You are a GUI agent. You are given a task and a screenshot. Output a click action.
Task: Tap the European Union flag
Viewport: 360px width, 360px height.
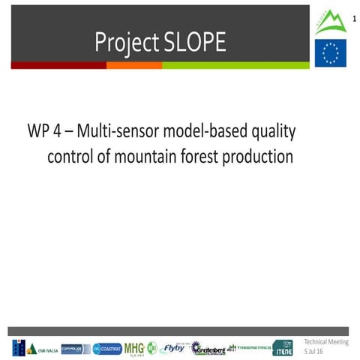tap(330, 53)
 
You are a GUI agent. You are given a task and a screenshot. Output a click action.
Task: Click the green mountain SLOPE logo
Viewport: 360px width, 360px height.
tap(330, 21)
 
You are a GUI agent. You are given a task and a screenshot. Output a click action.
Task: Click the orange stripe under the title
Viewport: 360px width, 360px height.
tap(134, 65)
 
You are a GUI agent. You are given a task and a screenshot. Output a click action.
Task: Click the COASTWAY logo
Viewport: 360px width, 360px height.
tap(106, 348)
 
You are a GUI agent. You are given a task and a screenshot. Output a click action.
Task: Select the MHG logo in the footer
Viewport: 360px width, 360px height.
tap(134, 348)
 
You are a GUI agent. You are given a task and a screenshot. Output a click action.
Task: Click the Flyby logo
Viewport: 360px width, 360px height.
tap(172, 348)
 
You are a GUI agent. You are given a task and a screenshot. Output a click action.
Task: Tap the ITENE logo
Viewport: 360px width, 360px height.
tap(283, 348)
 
